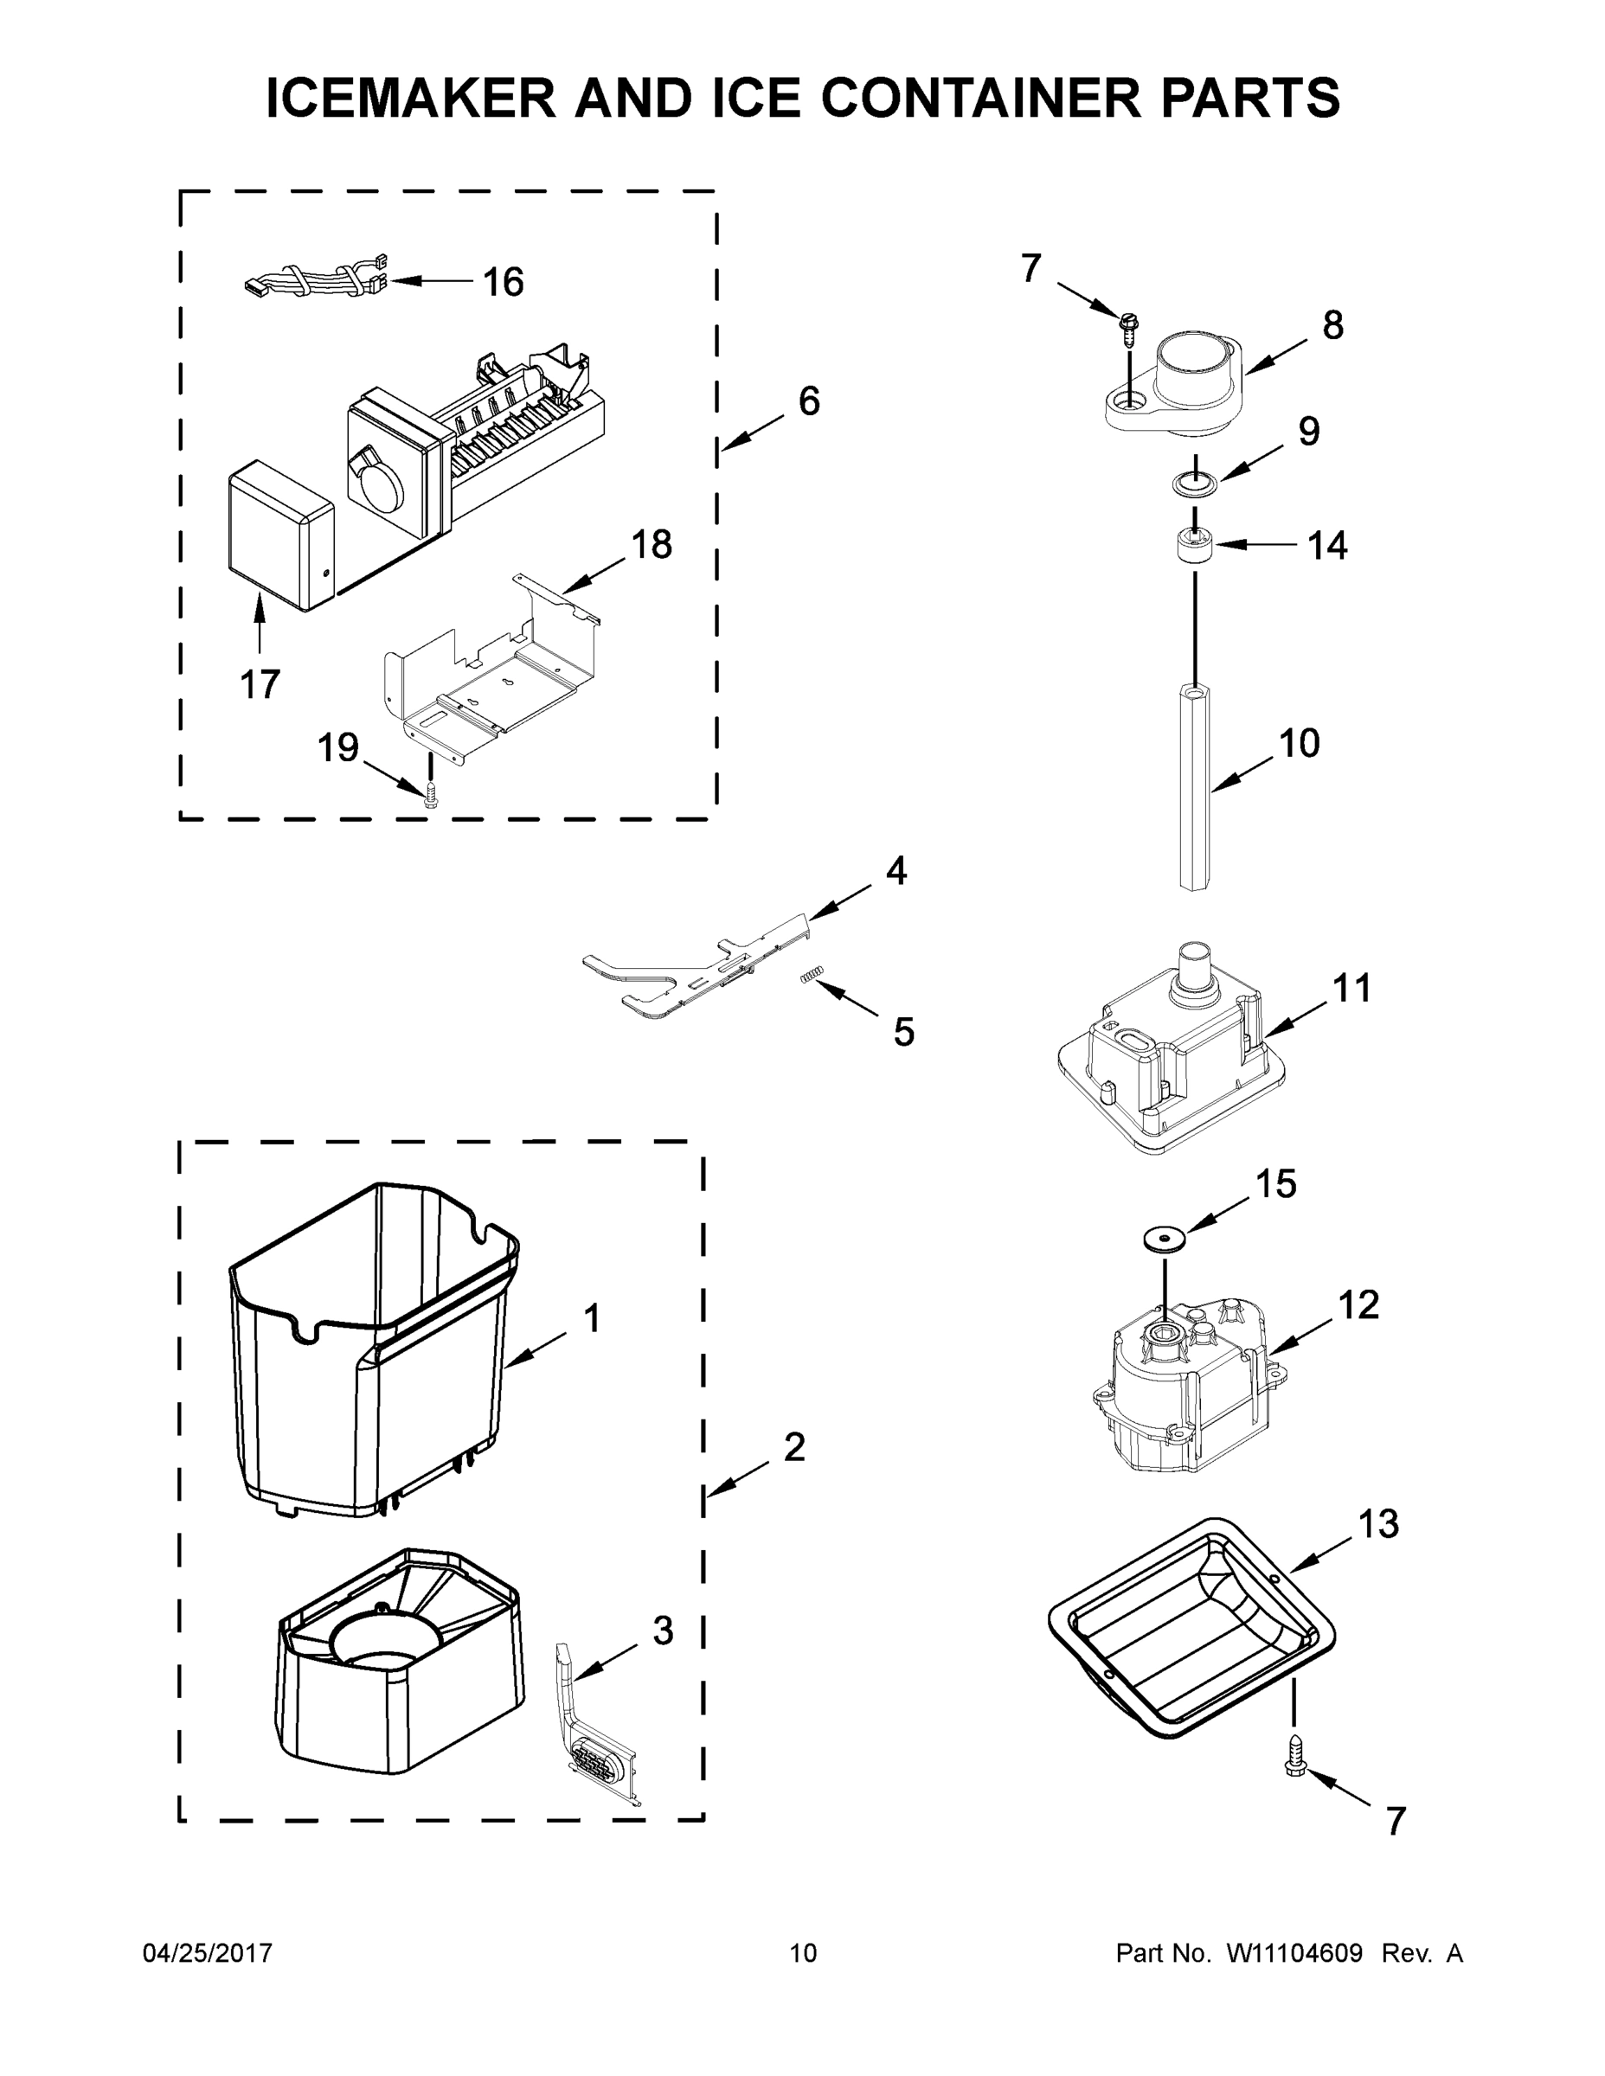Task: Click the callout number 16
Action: pos(503,282)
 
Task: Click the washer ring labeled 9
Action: pos(1194,484)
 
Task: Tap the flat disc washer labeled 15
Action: pos(1165,1239)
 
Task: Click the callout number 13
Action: pos(1377,1525)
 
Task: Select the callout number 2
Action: pos(794,1447)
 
